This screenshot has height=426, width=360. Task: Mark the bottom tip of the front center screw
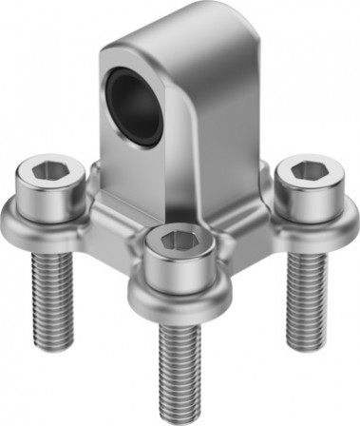180,416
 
